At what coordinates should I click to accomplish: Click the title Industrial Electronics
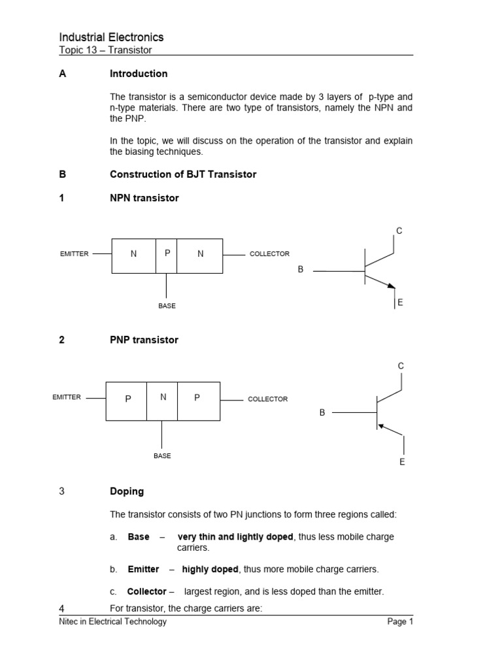click(111, 37)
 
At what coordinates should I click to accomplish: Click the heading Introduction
click(139, 74)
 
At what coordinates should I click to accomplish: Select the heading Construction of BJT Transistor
click(183, 174)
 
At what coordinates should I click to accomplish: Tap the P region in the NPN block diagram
click(167, 253)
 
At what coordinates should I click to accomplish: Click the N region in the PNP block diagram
click(163, 397)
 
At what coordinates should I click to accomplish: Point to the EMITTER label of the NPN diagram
click(74, 253)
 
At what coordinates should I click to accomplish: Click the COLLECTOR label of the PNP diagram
click(267, 399)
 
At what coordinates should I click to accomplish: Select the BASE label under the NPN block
click(167, 306)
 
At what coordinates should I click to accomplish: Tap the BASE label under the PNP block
click(162, 456)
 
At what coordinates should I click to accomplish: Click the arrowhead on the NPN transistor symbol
click(392, 286)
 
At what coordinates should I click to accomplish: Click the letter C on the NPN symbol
click(399, 231)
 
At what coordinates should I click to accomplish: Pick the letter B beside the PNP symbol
click(322, 413)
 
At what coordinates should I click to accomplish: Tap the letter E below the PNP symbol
click(402, 462)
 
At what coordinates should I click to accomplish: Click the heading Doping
click(127, 491)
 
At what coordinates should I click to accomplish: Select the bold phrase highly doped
click(210, 569)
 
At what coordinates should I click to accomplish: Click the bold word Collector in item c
click(146, 592)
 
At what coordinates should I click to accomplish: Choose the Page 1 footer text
click(400, 622)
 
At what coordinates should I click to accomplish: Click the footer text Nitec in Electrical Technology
click(112, 622)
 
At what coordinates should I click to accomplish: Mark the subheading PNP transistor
click(144, 340)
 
